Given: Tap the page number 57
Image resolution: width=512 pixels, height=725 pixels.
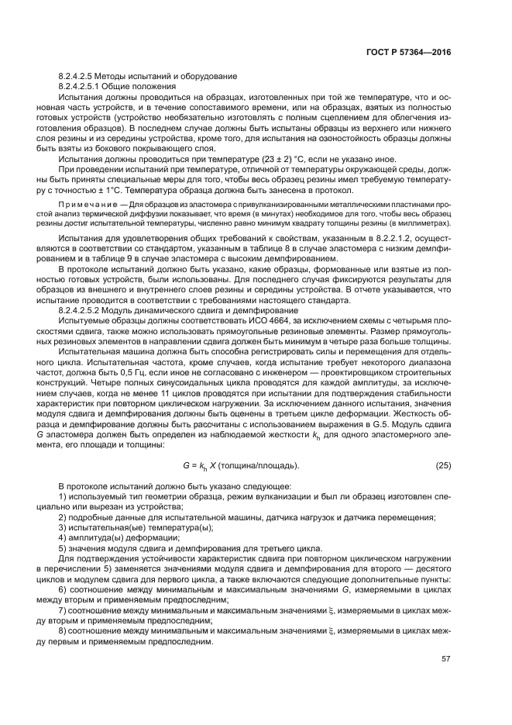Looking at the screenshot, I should click(x=445, y=659).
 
